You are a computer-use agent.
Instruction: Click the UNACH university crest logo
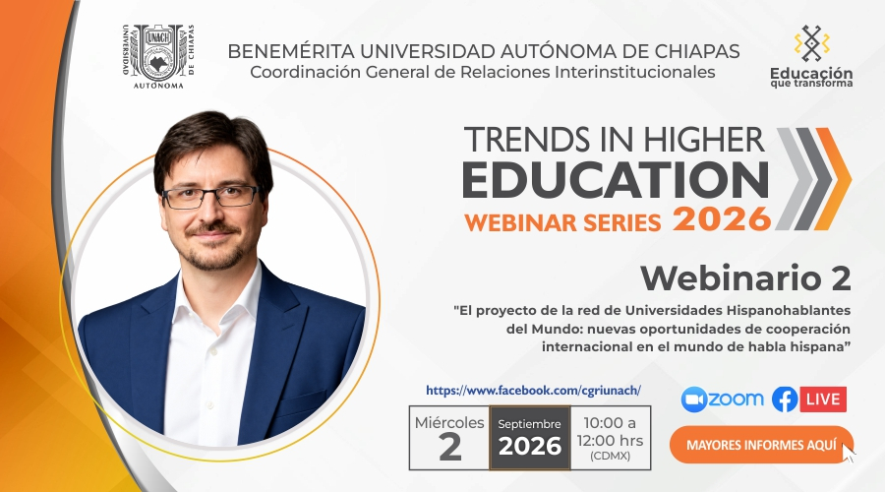158,56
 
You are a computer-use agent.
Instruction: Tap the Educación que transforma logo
811,56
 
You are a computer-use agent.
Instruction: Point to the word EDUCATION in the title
616,180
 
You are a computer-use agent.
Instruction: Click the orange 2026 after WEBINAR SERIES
722,219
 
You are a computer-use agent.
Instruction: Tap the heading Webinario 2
745,277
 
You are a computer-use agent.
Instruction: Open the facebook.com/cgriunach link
533,391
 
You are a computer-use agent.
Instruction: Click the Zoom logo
722,400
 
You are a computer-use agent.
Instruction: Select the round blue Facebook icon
785,400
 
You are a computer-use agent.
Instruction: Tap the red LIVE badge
823,400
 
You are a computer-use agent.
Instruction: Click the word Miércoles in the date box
449,423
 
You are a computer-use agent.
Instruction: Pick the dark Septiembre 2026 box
530,438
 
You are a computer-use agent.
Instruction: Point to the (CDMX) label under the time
610,457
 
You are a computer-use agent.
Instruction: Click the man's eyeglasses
210,196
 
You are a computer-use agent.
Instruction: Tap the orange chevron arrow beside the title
833,178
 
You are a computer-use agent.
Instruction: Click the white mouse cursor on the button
849,453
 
